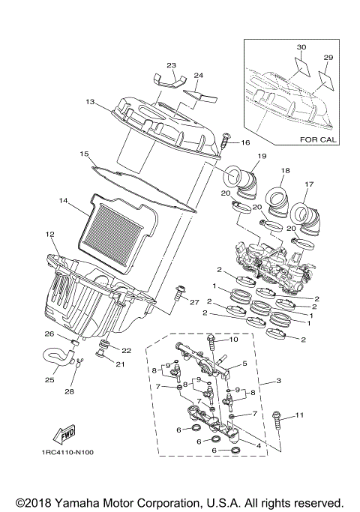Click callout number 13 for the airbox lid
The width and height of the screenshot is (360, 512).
pyautogui.click(x=89, y=100)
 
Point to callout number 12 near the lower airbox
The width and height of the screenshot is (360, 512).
pyautogui.click(x=50, y=235)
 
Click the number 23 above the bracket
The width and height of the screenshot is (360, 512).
pyautogui.click(x=171, y=65)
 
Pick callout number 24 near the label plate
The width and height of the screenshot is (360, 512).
pyautogui.click(x=199, y=76)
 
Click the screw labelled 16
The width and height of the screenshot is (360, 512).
pyautogui.click(x=225, y=142)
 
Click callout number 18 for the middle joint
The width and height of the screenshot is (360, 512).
pyautogui.click(x=285, y=171)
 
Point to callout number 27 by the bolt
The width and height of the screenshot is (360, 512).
pyautogui.click(x=194, y=303)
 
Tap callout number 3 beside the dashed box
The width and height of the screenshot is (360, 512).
pyautogui.click(x=279, y=382)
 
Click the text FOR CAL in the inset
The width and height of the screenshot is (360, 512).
pyautogui.click(x=318, y=139)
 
